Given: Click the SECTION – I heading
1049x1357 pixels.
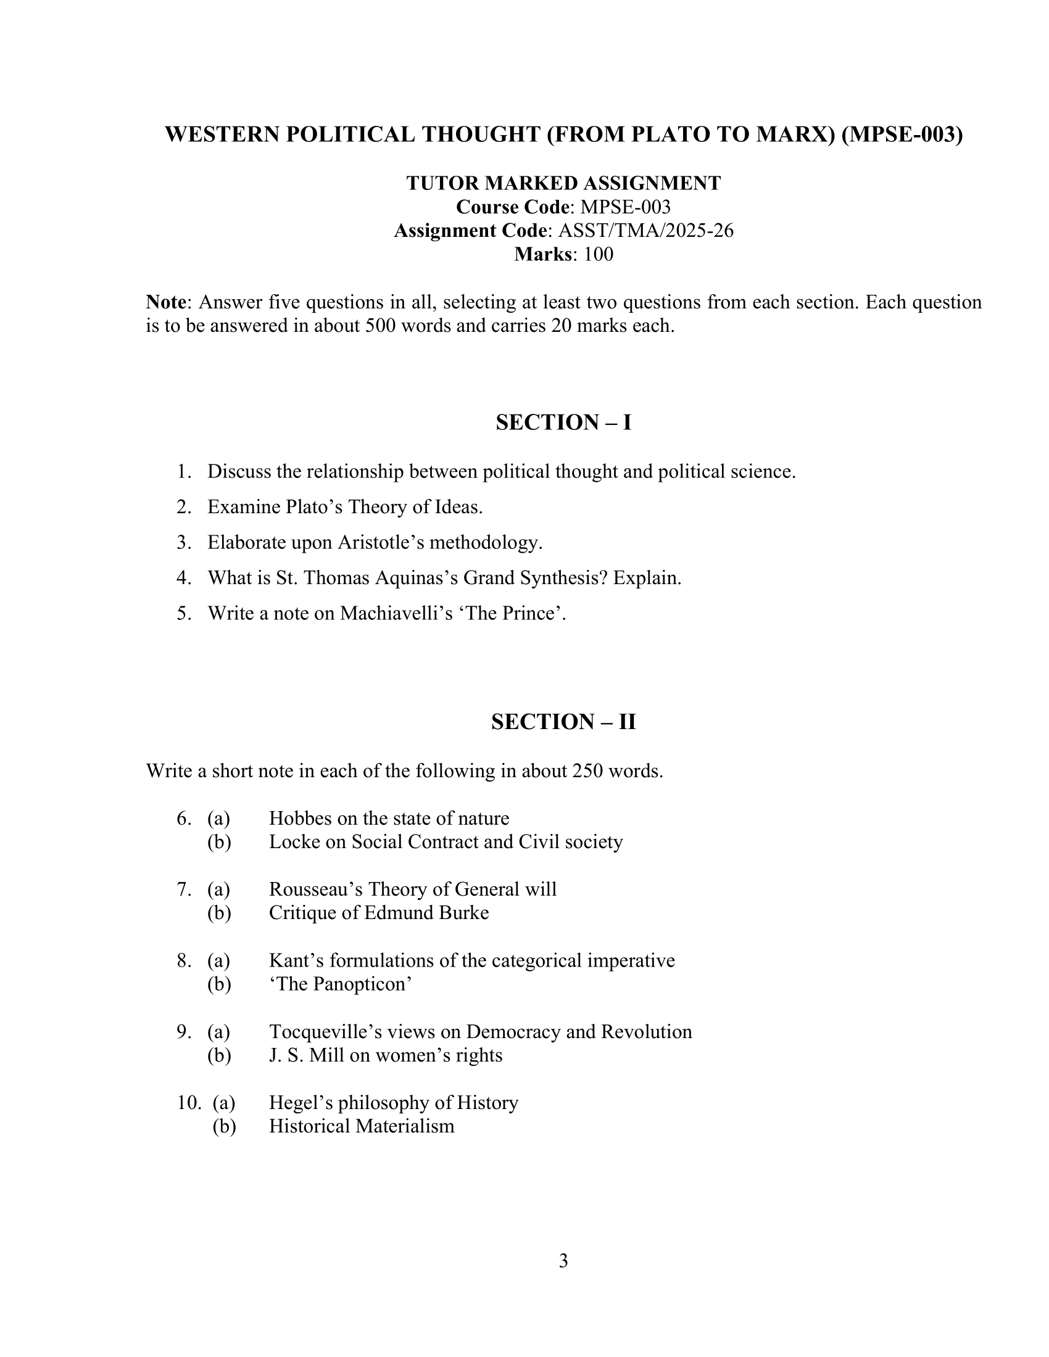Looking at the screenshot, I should (563, 423).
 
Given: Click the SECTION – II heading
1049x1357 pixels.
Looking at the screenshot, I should (563, 722).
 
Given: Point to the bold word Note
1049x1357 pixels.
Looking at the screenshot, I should (166, 303).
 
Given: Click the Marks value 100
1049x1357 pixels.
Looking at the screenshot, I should (598, 254).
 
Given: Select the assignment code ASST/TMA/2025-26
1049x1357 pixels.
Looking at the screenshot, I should (645, 231).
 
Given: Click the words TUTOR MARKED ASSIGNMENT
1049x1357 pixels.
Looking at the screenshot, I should (563, 183).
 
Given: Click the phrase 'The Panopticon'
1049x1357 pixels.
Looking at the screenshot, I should (341, 984).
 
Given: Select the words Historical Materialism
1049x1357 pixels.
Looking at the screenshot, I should (361, 1126).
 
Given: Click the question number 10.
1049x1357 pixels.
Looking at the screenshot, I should (188, 1103).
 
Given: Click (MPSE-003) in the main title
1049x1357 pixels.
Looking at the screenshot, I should (902, 134).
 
